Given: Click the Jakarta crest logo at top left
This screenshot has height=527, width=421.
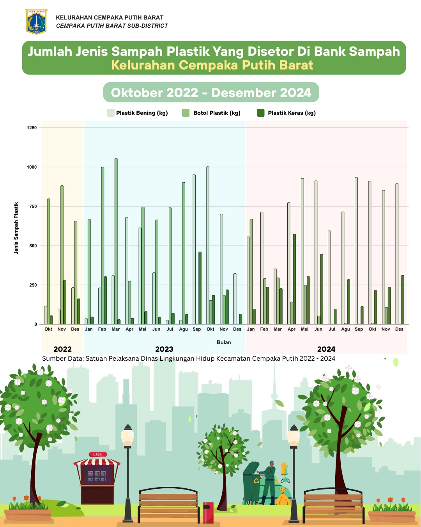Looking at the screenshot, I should (36, 22).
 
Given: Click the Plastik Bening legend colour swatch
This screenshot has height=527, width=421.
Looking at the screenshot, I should (111, 113).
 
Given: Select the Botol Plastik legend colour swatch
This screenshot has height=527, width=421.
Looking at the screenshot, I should (186, 113).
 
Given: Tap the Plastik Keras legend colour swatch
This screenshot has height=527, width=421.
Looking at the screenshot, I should (261, 113).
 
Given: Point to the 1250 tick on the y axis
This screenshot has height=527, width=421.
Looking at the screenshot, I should (32, 128).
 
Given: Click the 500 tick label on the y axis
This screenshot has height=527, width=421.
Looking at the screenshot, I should (32, 246).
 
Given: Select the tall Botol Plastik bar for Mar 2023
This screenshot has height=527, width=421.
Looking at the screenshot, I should (116, 241).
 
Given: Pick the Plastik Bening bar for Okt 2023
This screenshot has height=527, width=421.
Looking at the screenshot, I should (208, 246).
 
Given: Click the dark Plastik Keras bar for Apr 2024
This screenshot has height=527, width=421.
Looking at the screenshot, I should (294, 279).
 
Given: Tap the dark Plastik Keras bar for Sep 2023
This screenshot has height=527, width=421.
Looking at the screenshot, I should (200, 288).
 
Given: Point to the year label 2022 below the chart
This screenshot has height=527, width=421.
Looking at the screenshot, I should (62, 349).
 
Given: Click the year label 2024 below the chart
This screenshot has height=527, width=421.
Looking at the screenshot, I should (326, 349).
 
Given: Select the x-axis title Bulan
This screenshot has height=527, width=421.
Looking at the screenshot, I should (224, 342).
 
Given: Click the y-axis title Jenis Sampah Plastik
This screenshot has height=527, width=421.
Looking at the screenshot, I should (16, 228).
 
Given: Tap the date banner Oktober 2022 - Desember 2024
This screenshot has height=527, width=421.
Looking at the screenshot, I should (211, 93).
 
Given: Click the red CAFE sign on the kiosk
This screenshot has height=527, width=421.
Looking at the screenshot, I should (97, 454).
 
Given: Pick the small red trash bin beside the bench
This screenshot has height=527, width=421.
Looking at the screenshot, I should (208, 513).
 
